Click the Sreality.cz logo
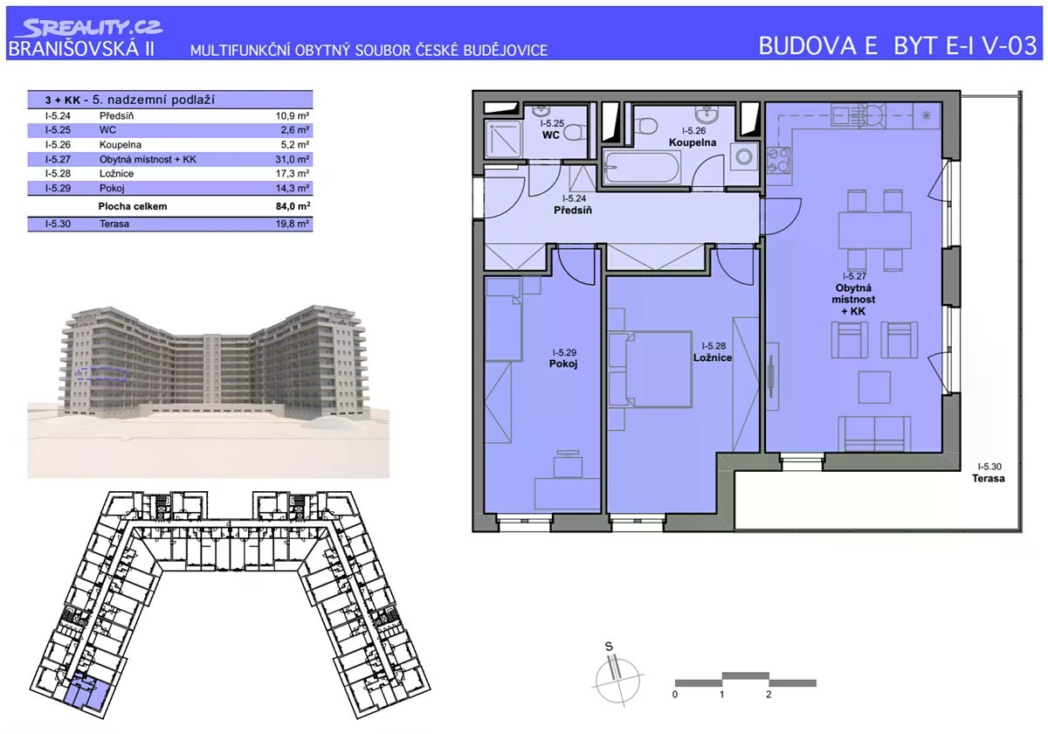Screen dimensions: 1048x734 point(89,28)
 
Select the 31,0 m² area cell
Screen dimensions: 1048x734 point(292,159)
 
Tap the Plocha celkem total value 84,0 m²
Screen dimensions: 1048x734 point(293,206)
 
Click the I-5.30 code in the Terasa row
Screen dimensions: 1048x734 point(58,224)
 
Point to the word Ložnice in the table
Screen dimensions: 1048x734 point(116,174)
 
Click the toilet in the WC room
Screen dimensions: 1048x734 point(575,133)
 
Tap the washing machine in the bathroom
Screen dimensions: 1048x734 point(743,156)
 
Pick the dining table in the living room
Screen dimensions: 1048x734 point(874,231)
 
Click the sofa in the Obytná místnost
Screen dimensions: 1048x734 point(874,434)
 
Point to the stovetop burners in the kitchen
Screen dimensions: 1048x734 point(778,160)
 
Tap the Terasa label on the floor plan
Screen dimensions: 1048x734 point(988,479)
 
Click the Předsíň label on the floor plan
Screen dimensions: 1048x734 point(573,211)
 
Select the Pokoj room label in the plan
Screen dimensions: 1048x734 point(563,364)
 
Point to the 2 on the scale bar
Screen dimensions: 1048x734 point(769,694)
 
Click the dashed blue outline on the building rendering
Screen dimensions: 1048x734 point(102,374)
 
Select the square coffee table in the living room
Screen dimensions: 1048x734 point(874,387)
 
